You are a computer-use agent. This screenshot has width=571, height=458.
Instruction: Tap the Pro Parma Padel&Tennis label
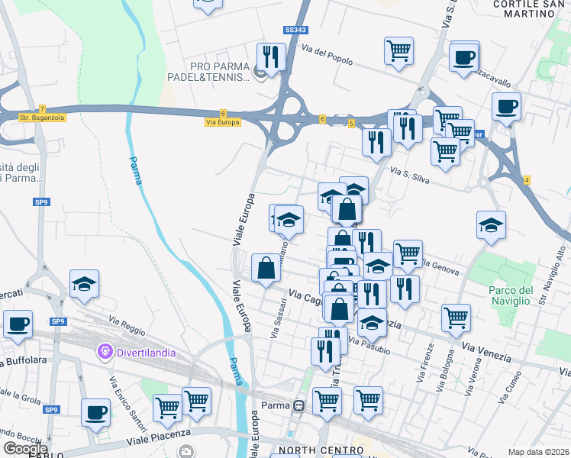point(209,72)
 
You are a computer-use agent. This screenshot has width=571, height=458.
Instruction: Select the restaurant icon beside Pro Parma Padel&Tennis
point(271,55)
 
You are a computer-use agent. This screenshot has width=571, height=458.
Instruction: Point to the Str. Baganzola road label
point(35,118)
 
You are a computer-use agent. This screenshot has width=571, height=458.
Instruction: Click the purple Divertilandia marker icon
point(105,353)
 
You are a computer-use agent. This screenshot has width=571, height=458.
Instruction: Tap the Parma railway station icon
point(299,405)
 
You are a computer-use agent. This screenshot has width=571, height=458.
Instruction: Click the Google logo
point(25,448)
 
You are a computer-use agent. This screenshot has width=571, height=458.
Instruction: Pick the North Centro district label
point(311,450)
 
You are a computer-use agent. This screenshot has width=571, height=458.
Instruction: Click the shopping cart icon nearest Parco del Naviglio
point(456,317)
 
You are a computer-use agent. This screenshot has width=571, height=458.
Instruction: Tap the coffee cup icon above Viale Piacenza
point(96,413)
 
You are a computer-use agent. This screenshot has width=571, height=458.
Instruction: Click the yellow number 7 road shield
point(43,108)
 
